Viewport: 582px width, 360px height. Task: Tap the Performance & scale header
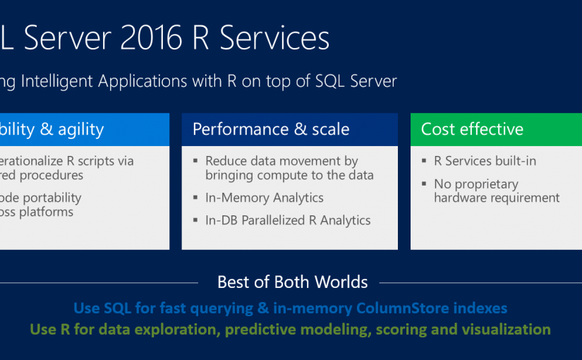click(271, 129)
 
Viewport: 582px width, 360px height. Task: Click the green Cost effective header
click(472, 129)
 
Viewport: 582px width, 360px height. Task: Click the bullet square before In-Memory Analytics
click(196, 198)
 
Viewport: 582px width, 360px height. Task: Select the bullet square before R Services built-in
click(425, 162)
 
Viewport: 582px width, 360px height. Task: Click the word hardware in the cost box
click(462, 198)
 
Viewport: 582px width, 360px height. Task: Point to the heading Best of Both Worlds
click(292, 282)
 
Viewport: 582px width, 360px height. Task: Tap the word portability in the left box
click(49, 198)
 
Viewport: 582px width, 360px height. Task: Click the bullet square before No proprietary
click(425, 184)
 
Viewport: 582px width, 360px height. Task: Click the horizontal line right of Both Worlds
click(480, 283)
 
